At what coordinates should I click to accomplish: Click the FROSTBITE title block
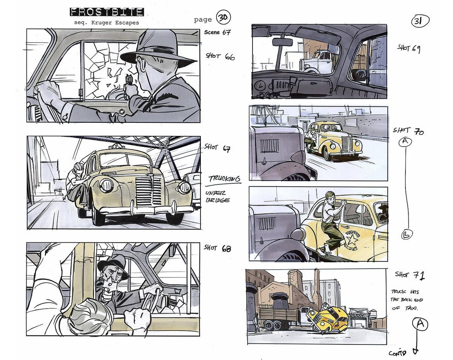[x=107, y=12]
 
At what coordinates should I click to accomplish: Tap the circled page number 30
[x=223, y=17]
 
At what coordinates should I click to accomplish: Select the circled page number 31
[x=420, y=21]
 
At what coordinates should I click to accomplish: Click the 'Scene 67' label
[x=217, y=32]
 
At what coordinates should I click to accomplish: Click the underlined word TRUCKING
[x=224, y=179]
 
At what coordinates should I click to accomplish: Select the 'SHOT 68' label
[x=217, y=248]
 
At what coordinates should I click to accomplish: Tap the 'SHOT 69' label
[x=408, y=49]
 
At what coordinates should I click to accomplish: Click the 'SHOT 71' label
[x=410, y=275]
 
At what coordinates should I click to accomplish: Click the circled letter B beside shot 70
[x=407, y=235]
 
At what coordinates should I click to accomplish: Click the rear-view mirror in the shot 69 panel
[x=282, y=42]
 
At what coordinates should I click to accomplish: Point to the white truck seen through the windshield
[x=316, y=61]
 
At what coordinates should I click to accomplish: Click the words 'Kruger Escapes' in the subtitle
[x=115, y=23]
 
